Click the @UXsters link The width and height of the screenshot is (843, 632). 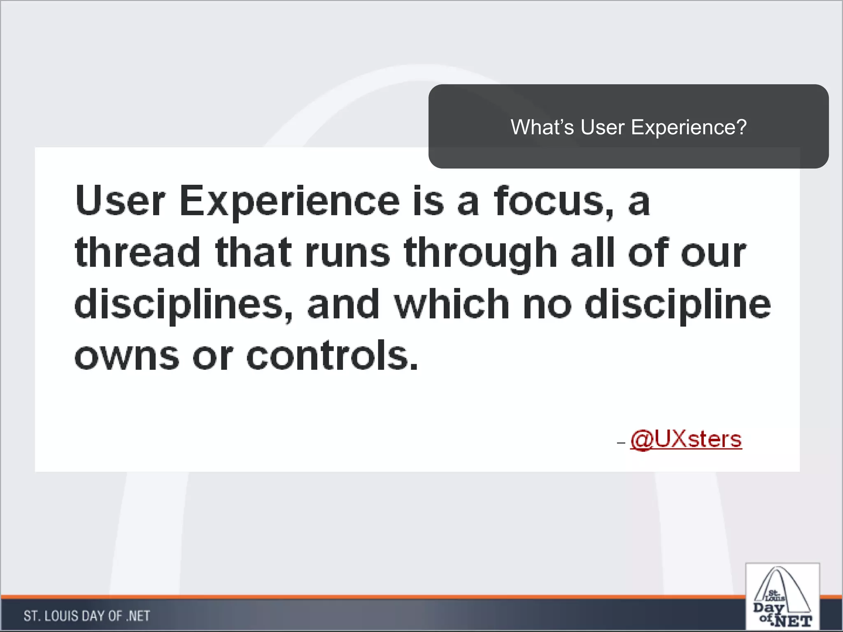[686, 439]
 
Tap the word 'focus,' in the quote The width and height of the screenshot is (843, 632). [554, 202]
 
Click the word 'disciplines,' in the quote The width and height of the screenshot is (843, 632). [184, 304]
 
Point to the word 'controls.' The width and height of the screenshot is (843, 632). [332, 355]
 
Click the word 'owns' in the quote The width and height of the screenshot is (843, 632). [127, 356]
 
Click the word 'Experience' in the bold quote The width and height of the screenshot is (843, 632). [289, 202]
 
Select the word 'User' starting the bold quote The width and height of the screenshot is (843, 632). [120, 202]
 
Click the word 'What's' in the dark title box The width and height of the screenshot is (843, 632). [542, 127]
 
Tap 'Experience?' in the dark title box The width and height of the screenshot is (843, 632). [689, 127]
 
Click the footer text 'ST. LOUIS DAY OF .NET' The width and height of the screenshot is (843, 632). [87, 616]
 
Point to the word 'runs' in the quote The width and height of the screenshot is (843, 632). [347, 253]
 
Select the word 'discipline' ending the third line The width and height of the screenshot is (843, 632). [678, 304]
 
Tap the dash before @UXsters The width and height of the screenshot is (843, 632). [621, 443]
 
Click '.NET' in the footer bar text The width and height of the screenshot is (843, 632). [138, 616]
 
